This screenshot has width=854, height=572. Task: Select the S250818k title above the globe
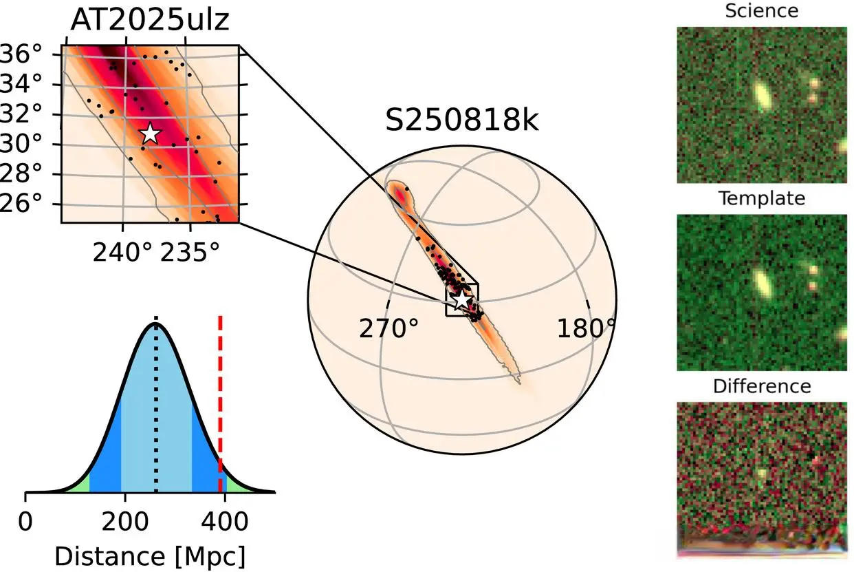tap(461, 120)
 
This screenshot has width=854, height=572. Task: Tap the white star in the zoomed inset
tap(150, 134)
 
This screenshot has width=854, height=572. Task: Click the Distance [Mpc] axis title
tap(149, 555)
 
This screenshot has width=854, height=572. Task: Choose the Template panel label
tap(761, 199)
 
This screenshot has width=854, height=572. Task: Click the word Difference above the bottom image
tap(761, 386)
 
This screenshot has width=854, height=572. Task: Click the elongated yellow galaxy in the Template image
tap(762, 281)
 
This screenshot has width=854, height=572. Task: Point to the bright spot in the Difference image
tap(760, 474)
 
